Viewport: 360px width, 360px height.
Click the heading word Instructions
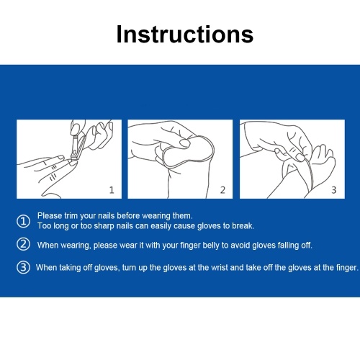(x=185, y=35)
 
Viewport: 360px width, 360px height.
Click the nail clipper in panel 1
(x=78, y=148)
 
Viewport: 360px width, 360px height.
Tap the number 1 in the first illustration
(x=112, y=190)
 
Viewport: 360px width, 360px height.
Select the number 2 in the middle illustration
(x=222, y=190)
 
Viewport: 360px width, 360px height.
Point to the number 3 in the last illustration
(x=334, y=190)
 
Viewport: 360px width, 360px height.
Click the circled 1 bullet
(x=23, y=221)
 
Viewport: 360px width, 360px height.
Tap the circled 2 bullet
(x=23, y=244)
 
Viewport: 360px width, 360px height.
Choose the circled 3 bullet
(x=23, y=267)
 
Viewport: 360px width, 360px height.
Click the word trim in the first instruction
(x=71, y=215)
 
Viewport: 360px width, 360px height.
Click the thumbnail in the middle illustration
(x=185, y=143)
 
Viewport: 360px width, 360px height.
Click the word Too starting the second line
(x=44, y=226)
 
